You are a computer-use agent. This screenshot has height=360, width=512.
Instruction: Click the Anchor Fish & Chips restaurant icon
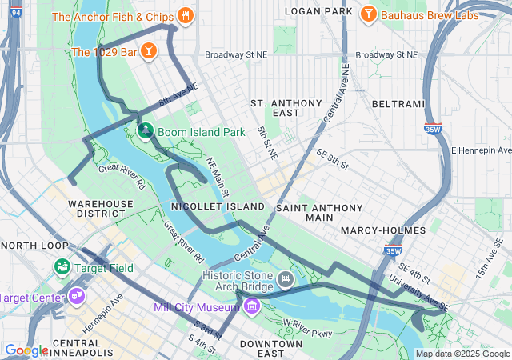(x=186, y=15)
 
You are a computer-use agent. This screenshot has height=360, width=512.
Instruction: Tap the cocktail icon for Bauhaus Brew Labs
(x=368, y=15)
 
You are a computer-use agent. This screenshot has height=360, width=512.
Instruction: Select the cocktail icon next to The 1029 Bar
(x=148, y=52)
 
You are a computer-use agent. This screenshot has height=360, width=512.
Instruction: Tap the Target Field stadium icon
(x=62, y=267)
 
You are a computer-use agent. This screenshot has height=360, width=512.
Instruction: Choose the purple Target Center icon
(x=78, y=298)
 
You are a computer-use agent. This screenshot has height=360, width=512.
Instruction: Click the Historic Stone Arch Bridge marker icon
(x=285, y=279)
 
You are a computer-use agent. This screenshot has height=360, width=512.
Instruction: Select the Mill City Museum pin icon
(x=252, y=306)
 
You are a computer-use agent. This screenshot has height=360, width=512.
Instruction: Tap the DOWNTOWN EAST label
(x=271, y=349)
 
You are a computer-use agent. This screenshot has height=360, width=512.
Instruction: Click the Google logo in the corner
(x=26, y=350)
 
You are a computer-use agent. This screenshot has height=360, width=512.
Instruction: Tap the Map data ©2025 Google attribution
(x=462, y=354)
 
